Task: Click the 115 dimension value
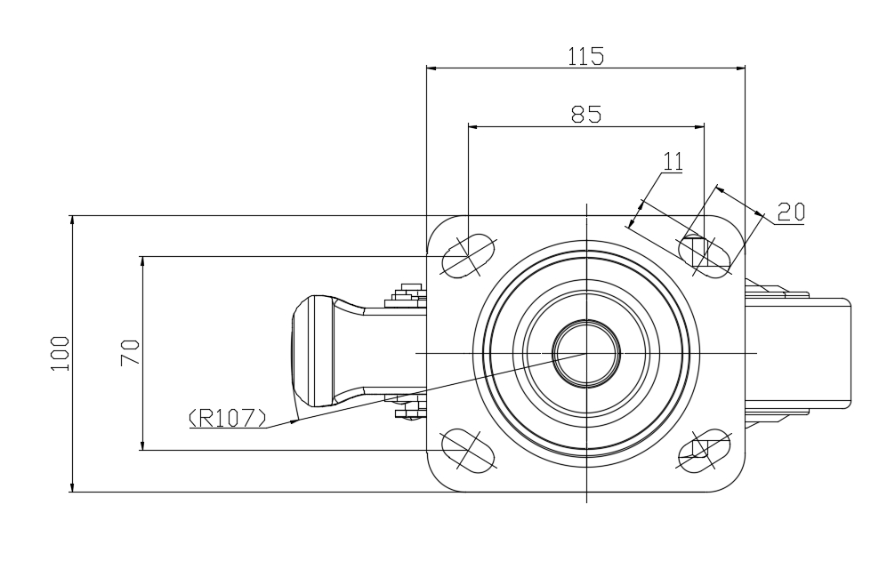585,56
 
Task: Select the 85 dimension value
586,114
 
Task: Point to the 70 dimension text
130,353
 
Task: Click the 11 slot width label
673,161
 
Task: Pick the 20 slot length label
790,212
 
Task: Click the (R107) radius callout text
227,417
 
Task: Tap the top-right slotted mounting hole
706,252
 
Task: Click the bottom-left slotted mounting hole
468,450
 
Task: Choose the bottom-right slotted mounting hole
706,450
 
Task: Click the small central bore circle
586,353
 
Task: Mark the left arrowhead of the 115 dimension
431,67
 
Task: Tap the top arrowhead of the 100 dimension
72,220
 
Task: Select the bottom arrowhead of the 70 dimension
142,445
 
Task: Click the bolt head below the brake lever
407,412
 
